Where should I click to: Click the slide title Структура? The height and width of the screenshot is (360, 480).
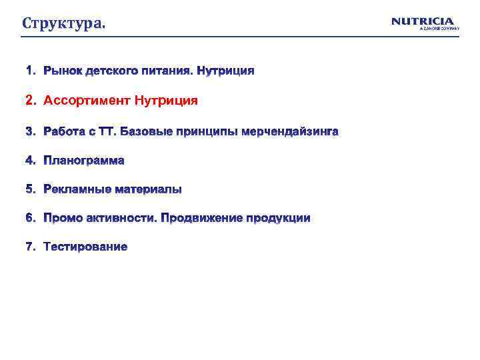pyautogui.click(x=63, y=24)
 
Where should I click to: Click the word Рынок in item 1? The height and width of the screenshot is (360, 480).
pyautogui.click(x=62, y=71)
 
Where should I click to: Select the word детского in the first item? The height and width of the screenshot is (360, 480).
pyautogui.click(x=109, y=71)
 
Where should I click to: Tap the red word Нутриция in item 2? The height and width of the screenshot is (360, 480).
pyautogui.click(x=166, y=101)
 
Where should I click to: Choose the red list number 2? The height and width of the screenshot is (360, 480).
pyautogui.click(x=30, y=101)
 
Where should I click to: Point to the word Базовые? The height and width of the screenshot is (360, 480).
pyautogui.click(x=146, y=132)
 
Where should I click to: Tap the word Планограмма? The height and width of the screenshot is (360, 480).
pyautogui.click(x=84, y=161)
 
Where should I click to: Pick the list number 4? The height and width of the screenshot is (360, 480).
pyautogui.click(x=30, y=161)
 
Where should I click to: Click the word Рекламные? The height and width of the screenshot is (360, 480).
pyautogui.click(x=77, y=189)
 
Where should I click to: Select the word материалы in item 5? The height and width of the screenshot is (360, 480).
pyautogui.click(x=148, y=189)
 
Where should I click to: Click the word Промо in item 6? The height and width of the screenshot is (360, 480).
pyautogui.click(x=61, y=218)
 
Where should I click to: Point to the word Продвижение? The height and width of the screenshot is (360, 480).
pyautogui.click(x=201, y=218)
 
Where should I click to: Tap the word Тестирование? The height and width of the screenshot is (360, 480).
pyautogui.click(x=85, y=247)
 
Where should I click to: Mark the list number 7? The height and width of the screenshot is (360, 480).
pyautogui.click(x=30, y=247)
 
